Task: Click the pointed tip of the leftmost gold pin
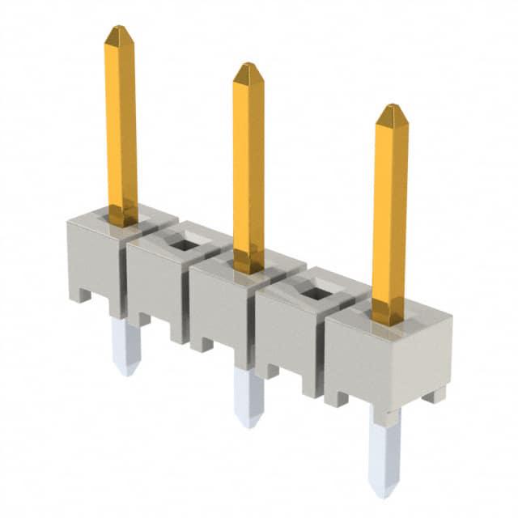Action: point(118,30)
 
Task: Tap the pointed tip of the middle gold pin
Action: point(247,68)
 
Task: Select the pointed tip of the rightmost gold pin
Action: point(392,109)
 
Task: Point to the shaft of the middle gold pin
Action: point(248,162)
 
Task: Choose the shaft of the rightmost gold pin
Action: point(390,210)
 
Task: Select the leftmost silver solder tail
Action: point(125,344)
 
